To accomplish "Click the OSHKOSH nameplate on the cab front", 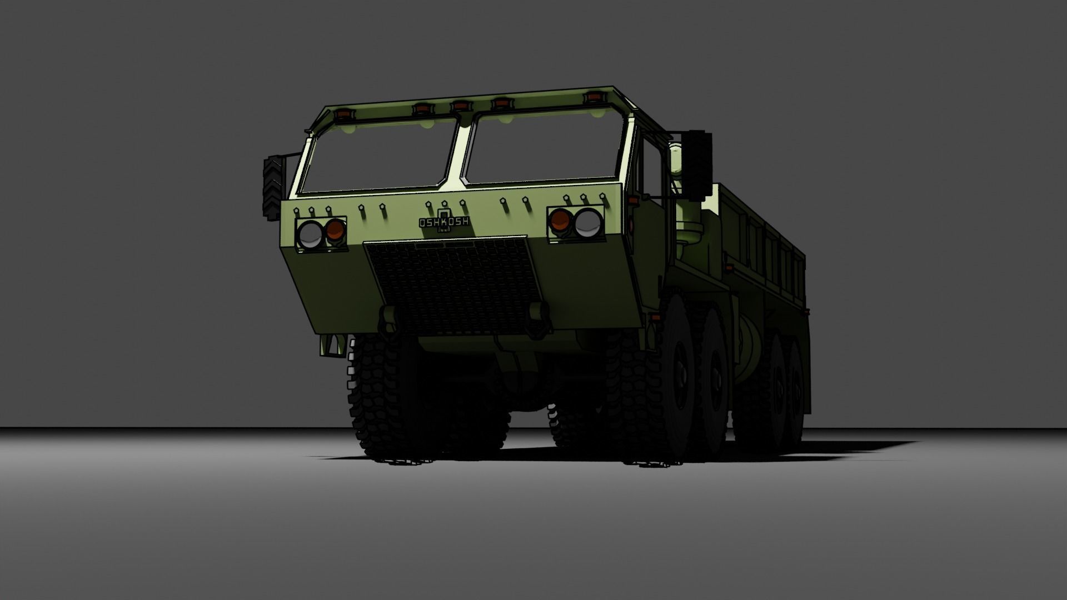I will tap(444, 222).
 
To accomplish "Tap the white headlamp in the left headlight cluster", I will tap(310, 234).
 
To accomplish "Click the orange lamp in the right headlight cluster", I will tap(560, 221).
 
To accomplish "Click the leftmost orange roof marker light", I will tap(342, 114).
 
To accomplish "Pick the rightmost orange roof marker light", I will tap(594, 98).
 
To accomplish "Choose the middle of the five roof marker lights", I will tap(460, 105).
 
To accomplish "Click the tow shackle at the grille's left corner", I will tap(389, 319).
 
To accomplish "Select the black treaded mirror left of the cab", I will tap(272, 187).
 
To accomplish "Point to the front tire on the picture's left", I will tap(383, 400).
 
